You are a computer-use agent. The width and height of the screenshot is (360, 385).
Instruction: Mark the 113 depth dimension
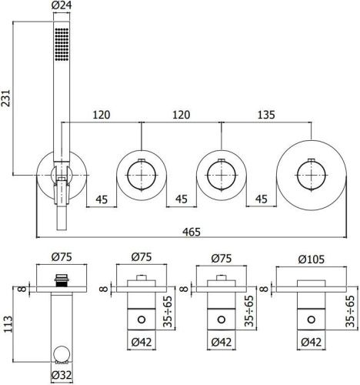[7, 320]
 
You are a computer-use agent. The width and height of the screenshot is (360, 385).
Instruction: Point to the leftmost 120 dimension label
[100, 114]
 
